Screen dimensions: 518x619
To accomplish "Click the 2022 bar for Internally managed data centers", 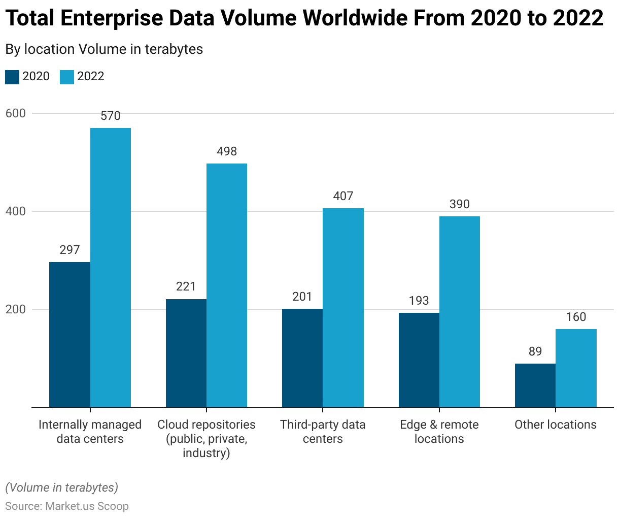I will tap(111, 267).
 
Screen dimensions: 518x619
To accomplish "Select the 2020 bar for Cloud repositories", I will tap(186, 353).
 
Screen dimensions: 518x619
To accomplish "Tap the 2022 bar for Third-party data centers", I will tap(343, 307).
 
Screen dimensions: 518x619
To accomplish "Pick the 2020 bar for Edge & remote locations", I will tap(419, 360).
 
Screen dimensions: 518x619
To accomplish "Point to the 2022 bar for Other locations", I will tap(576, 368).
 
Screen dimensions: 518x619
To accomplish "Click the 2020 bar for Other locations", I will tap(535, 385).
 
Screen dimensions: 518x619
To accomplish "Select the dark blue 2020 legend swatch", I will tap(12, 77).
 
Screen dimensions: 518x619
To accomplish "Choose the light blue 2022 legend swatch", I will tap(67, 77).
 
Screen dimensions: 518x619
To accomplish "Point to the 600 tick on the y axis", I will tap(15, 113).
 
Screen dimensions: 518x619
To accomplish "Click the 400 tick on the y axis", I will tap(15, 211).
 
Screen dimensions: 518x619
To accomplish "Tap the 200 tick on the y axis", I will tap(15, 309).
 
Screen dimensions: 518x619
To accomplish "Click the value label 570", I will tap(111, 116).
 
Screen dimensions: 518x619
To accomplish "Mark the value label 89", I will tap(535, 351).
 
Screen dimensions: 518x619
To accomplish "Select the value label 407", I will tap(343, 196).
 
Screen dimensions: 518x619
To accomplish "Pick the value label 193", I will tap(419, 301).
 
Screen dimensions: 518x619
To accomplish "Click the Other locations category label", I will tap(556, 425).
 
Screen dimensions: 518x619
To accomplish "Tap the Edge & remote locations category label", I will tap(439, 432).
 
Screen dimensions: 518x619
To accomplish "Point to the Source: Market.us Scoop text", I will tap(67, 506).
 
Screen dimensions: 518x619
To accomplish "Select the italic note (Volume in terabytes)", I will tap(61, 488).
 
